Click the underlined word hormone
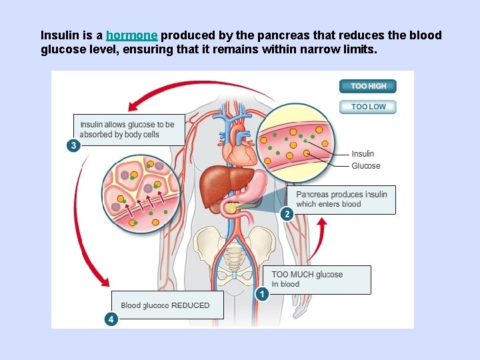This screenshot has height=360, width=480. [x=131, y=35]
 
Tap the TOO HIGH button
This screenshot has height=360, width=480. [x=368, y=86]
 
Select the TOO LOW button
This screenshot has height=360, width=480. [x=368, y=107]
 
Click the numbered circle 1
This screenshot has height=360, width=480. [x=263, y=294]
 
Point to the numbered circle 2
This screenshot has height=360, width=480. [x=287, y=214]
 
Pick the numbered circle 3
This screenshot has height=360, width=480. [x=73, y=145]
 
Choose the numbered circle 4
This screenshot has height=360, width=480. [x=111, y=319]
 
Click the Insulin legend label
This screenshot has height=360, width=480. [x=363, y=154]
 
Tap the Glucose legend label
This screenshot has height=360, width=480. [x=365, y=166]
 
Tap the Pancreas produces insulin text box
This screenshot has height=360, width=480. [x=341, y=199]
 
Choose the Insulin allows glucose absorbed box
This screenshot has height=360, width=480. [x=128, y=129]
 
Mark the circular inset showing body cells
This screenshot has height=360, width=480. [x=141, y=193]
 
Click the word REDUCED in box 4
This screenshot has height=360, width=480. [x=191, y=305]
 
